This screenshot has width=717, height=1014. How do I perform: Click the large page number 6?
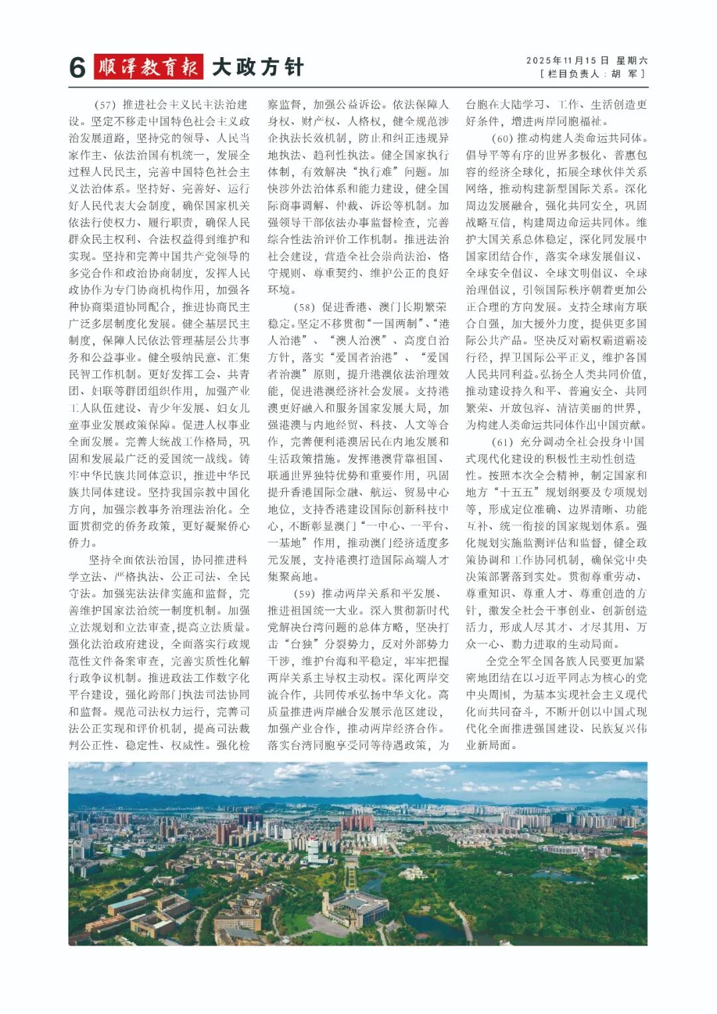pyautogui.click(x=78, y=68)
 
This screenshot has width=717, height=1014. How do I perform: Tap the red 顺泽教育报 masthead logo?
pyautogui.click(x=149, y=67)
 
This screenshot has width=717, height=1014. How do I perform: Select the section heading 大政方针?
pyautogui.click(x=258, y=67)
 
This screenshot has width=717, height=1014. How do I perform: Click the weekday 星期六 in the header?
pyautogui.click(x=631, y=60)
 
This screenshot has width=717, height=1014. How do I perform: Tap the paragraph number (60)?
pyautogui.click(x=502, y=139)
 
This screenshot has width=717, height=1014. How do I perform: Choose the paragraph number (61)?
pyautogui.click(x=502, y=442)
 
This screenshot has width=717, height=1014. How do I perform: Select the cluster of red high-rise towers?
pyautogui.click(x=358, y=823)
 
